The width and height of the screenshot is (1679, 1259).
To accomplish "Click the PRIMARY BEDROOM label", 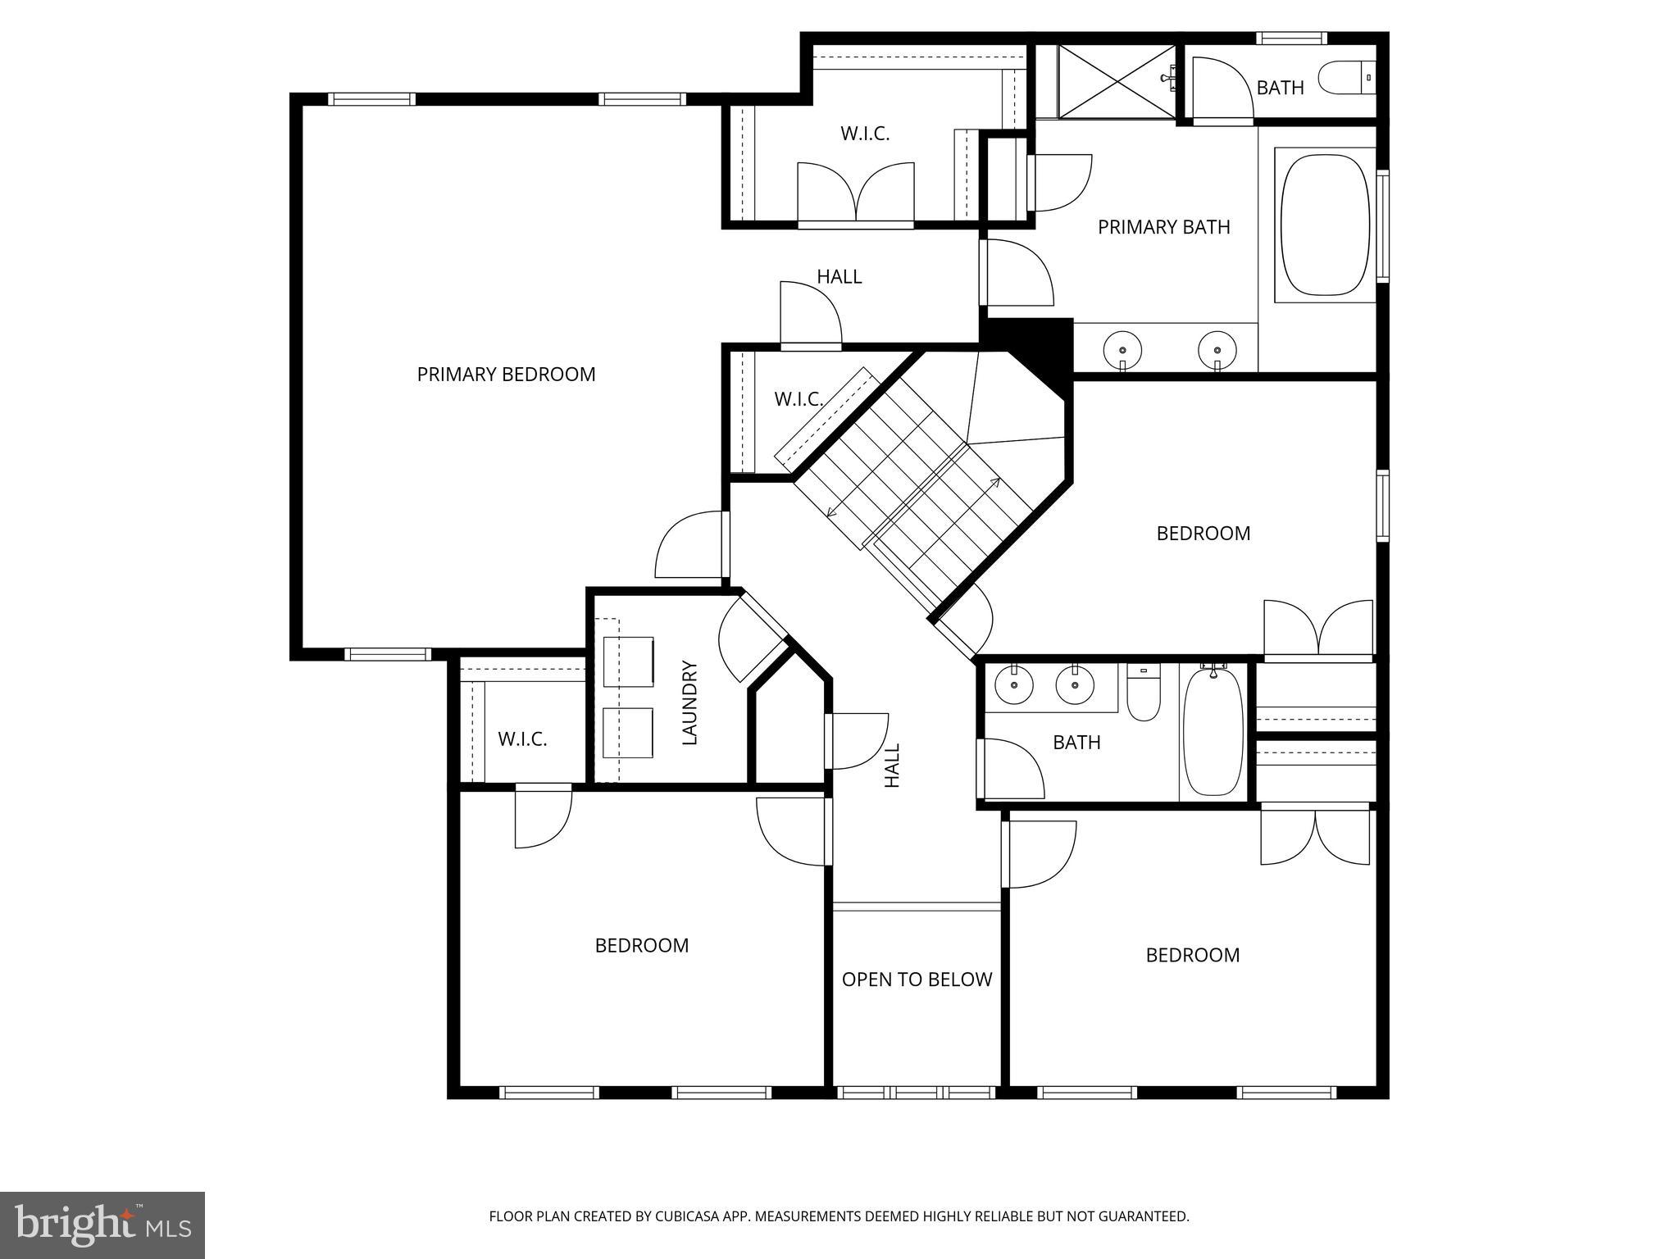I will (506, 375).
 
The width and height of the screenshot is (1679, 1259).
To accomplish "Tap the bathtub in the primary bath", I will (1325, 225).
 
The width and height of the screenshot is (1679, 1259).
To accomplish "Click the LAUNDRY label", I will (689, 702).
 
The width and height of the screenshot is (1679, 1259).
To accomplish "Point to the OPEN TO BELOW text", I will (917, 979).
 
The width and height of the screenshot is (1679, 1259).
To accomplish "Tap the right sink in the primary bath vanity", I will (1217, 350).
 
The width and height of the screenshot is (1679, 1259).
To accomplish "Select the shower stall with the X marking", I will (1117, 81).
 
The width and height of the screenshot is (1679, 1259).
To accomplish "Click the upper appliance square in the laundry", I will (628, 661).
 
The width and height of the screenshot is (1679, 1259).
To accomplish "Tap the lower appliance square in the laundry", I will (627, 733).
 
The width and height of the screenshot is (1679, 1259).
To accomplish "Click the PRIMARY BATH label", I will (1163, 227).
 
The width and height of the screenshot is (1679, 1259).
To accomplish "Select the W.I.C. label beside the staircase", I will (799, 399).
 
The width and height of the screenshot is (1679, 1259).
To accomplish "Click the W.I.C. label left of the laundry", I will (522, 739).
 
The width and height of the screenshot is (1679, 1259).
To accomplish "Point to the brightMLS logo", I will (102, 1225).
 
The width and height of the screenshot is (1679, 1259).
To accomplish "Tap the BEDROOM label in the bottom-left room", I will (641, 946).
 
